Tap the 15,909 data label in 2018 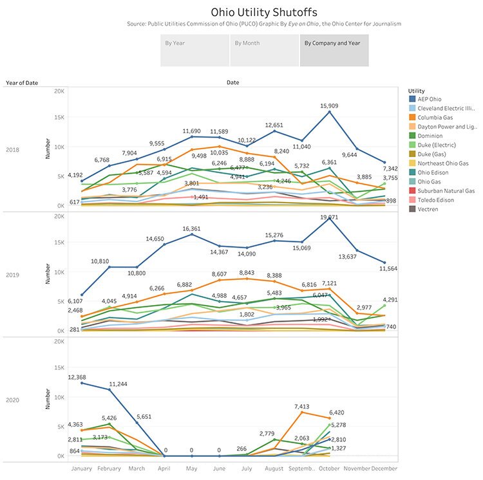330,106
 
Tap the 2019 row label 13,275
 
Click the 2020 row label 13,400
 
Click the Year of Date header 23,82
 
